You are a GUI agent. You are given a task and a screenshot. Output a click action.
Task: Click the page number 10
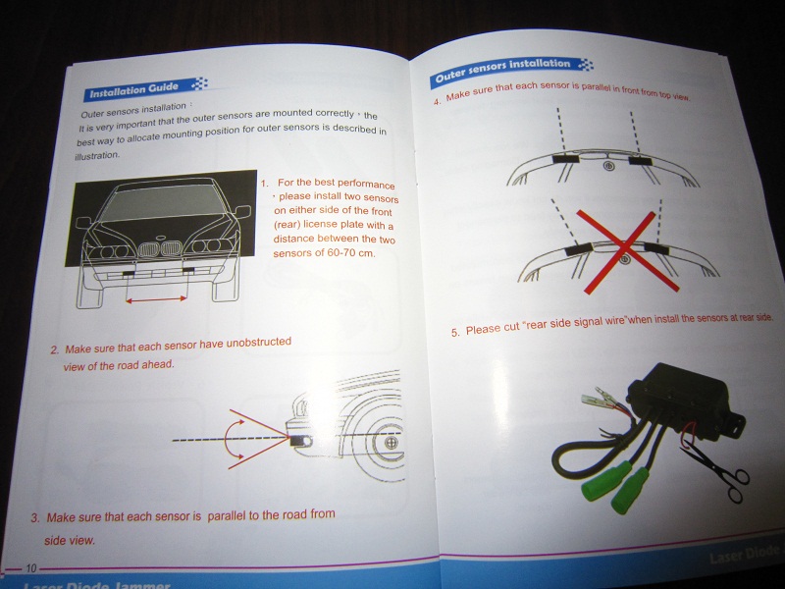click(x=31, y=568)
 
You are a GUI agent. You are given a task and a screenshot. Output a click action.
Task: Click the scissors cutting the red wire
click(x=717, y=469)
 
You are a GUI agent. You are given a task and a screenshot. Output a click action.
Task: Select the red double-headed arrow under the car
click(x=157, y=299)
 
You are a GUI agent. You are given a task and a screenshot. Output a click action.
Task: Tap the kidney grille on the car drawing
click(x=160, y=248)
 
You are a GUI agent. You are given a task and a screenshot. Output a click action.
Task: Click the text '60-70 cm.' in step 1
click(x=351, y=253)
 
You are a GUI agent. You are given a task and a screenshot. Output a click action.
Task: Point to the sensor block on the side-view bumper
click(x=299, y=442)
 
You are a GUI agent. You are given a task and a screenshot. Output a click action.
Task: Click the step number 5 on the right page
click(x=454, y=332)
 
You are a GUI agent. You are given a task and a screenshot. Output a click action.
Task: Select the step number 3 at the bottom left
click(x=35, y=518)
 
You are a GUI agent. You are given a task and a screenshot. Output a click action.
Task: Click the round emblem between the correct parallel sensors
click(x=608, y=166)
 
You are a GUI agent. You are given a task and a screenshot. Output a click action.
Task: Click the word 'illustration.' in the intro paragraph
click(x=97, y=156)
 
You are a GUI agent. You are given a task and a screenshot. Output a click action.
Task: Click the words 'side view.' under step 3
click(x=69, y=541)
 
